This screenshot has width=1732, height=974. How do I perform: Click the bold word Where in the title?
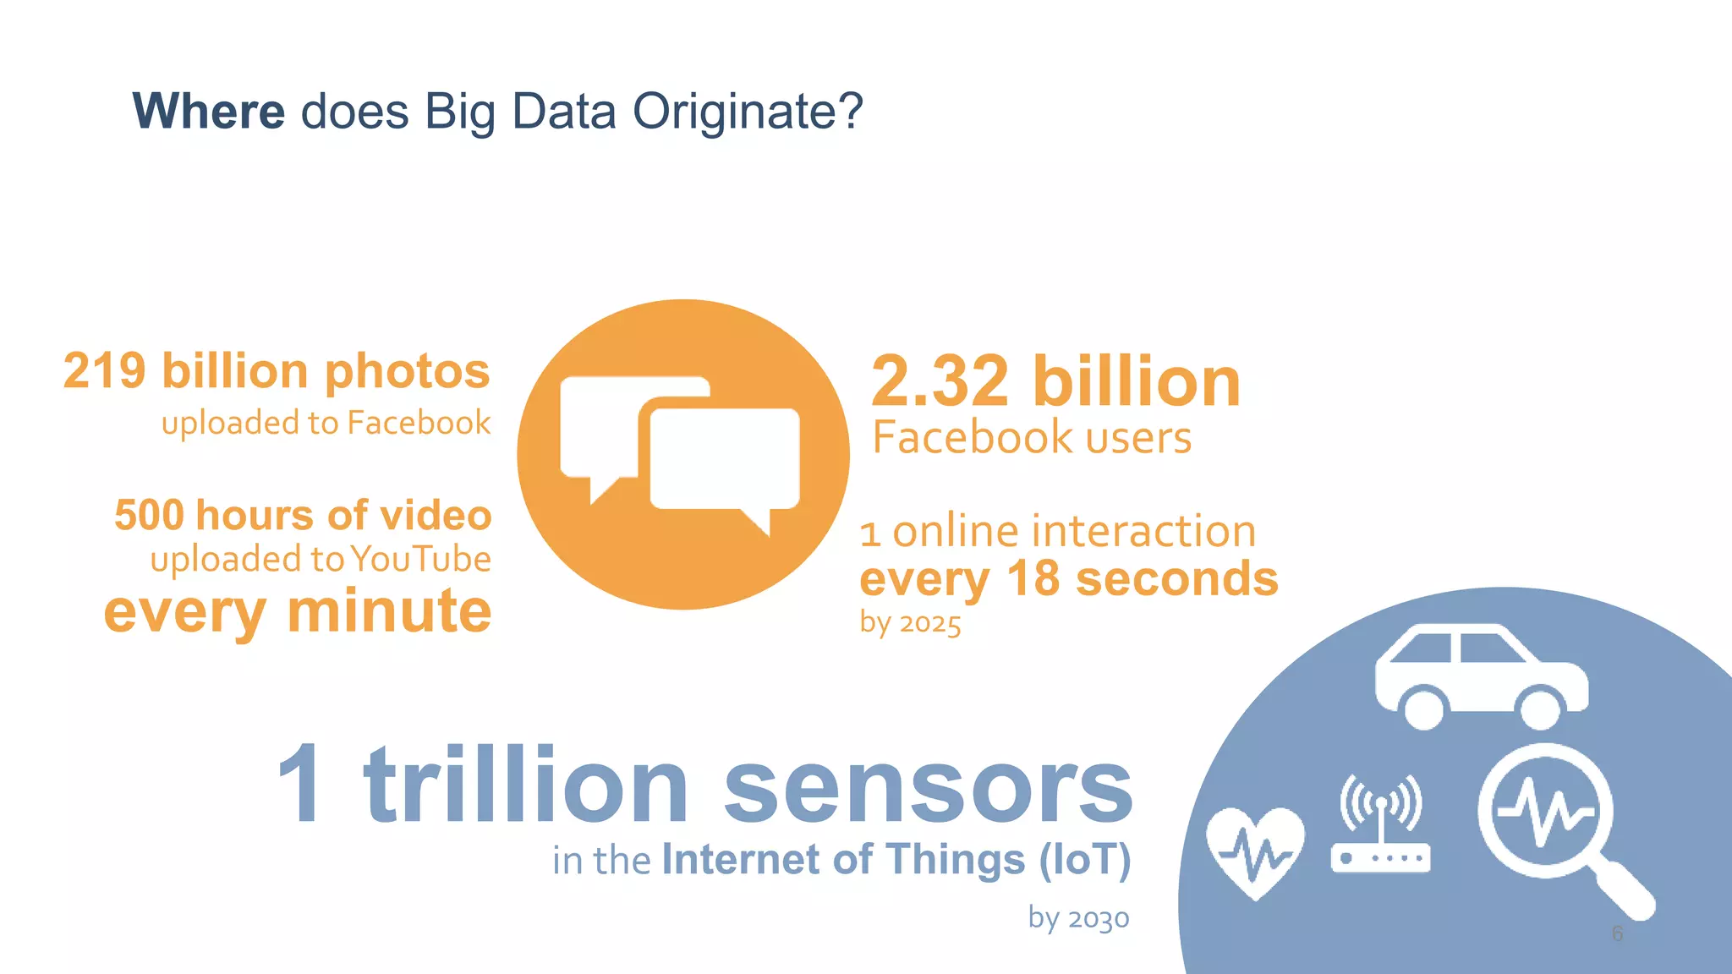pyautogui.click(x=209, y=111)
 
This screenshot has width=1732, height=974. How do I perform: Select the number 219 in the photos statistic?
pyautogui.click(x=104, y=371)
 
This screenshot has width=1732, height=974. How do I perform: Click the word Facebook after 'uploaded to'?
pyautogui.click(x=419, y=423)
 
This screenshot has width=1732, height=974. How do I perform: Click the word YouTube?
pyautogui.click(x=420, y=559)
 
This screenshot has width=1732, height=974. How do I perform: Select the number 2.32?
pyautogui.click(x=940, y=381)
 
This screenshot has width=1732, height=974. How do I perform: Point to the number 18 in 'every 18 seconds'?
pyautogui.click(x=1033, y=579)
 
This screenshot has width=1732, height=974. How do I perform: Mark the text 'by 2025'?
pyautogui.click(x=910, y=624)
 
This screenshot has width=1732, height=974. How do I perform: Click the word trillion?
pyautogui.click(x=526, y=785)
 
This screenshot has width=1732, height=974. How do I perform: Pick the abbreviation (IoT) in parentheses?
pyautogui.click(x=1085, y=860)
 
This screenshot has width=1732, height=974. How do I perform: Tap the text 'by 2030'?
pyautogui.click(x=1078, y=918)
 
